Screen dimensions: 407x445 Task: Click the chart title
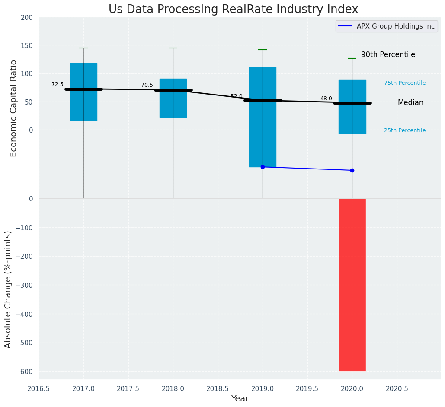pos(233,10)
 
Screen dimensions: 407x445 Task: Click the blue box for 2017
pos(83,92)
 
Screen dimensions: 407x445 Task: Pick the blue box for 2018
pos(173,98)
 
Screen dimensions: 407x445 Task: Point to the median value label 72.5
pos(58,85)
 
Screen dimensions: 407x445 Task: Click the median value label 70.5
pos(147,86)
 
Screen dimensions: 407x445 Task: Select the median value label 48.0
pos(326,99)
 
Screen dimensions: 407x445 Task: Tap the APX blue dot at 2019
pos(263,167)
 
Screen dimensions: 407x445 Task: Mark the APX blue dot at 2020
pos(352,170)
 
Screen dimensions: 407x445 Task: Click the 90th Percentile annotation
pos(388,55)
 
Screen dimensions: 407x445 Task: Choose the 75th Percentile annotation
pos(405,83)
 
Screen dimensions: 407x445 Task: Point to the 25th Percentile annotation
pos(405,130)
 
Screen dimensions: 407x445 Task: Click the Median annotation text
pos(410,103)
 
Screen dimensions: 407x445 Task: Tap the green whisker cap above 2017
pos(83,48)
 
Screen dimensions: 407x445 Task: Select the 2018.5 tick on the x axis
pos(218,389)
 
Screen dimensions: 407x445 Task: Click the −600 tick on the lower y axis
pos(24,372)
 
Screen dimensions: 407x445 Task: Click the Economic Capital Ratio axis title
pos(13,108)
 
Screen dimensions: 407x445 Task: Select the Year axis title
pos(240,399)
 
